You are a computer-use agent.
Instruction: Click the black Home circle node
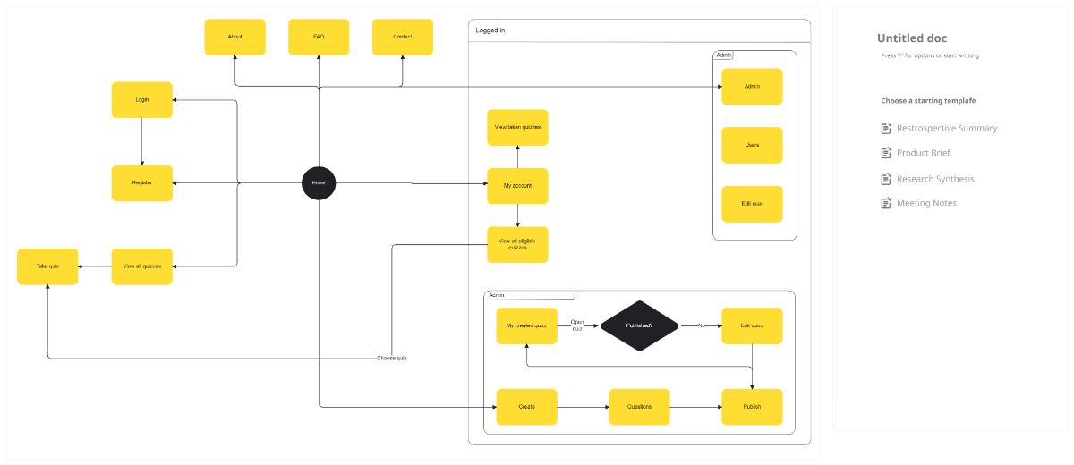tap(319, 183)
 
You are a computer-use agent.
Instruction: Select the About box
tap(235, 38)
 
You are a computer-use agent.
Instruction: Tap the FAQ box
tap(319, 38)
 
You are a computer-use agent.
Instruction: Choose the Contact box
tap(403, 38)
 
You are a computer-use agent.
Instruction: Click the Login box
tap(142, 100)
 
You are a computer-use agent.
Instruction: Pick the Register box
tap(142, 183)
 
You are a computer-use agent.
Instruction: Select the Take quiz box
tap(47, 266)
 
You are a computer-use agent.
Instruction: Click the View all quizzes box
tap(142, 266)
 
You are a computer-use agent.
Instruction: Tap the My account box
tap(517, 186)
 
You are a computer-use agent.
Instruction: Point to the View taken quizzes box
tap(517, 128)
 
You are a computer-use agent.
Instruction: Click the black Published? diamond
tap(639, 326)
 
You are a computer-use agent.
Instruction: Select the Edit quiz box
tap(752, 326)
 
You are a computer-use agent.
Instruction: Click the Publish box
tap(752, 407)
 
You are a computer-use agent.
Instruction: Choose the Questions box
tap(639, 407)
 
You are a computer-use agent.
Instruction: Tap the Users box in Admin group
tap(752, 145)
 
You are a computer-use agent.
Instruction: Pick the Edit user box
tap(752, 204)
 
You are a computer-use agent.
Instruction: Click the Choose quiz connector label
tap(392, 359)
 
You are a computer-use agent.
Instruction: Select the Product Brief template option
tap(923, 153)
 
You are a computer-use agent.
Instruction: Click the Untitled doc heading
tap(911, 38)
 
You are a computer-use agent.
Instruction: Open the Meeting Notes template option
tap(926, 203)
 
